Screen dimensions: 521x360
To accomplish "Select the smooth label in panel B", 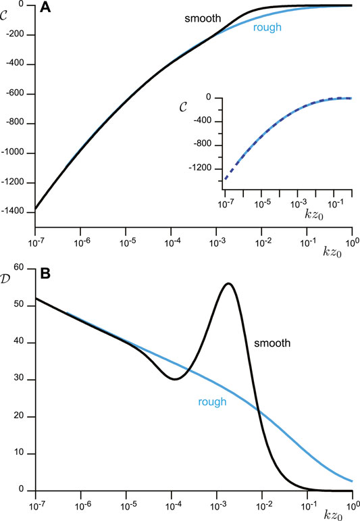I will click(x=272, y=343).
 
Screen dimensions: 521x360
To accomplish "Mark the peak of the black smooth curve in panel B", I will click(x=228, y=283).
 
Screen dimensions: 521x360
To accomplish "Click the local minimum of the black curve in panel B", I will click(x=174, y=379).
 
